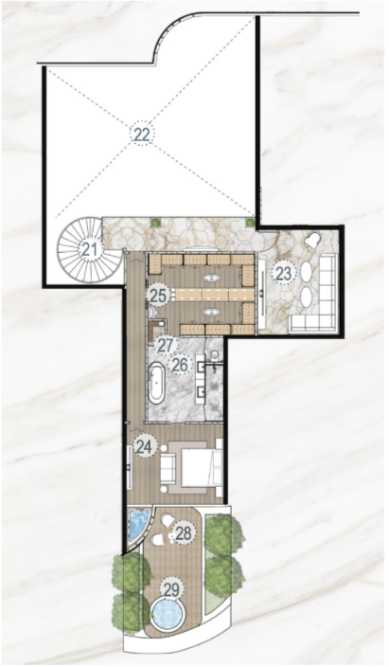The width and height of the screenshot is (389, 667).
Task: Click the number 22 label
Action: (x=142, y=135)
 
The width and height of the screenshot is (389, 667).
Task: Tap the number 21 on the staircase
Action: (x=89, y=250)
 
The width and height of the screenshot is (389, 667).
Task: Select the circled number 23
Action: (x=284, y=274)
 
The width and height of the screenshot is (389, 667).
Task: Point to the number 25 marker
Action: (x=158, y=296)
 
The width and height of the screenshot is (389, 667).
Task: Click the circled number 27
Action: (x=165, y=346)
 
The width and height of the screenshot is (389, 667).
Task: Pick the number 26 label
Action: (x=180, y=365)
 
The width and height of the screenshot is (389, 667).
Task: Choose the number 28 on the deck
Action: (x=184, y=533)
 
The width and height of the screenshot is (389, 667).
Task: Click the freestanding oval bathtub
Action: (x=156, y=384)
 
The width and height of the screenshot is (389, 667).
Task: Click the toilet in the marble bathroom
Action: (x=215, y=354)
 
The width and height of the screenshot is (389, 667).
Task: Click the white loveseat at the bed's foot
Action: (x=168, y=468)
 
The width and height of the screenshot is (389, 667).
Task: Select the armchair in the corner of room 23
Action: (x=314, y=241)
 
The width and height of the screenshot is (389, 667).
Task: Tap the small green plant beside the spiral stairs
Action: (x=156, y=222)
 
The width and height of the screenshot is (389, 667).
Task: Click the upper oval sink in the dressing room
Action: (x=211, y=279)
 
